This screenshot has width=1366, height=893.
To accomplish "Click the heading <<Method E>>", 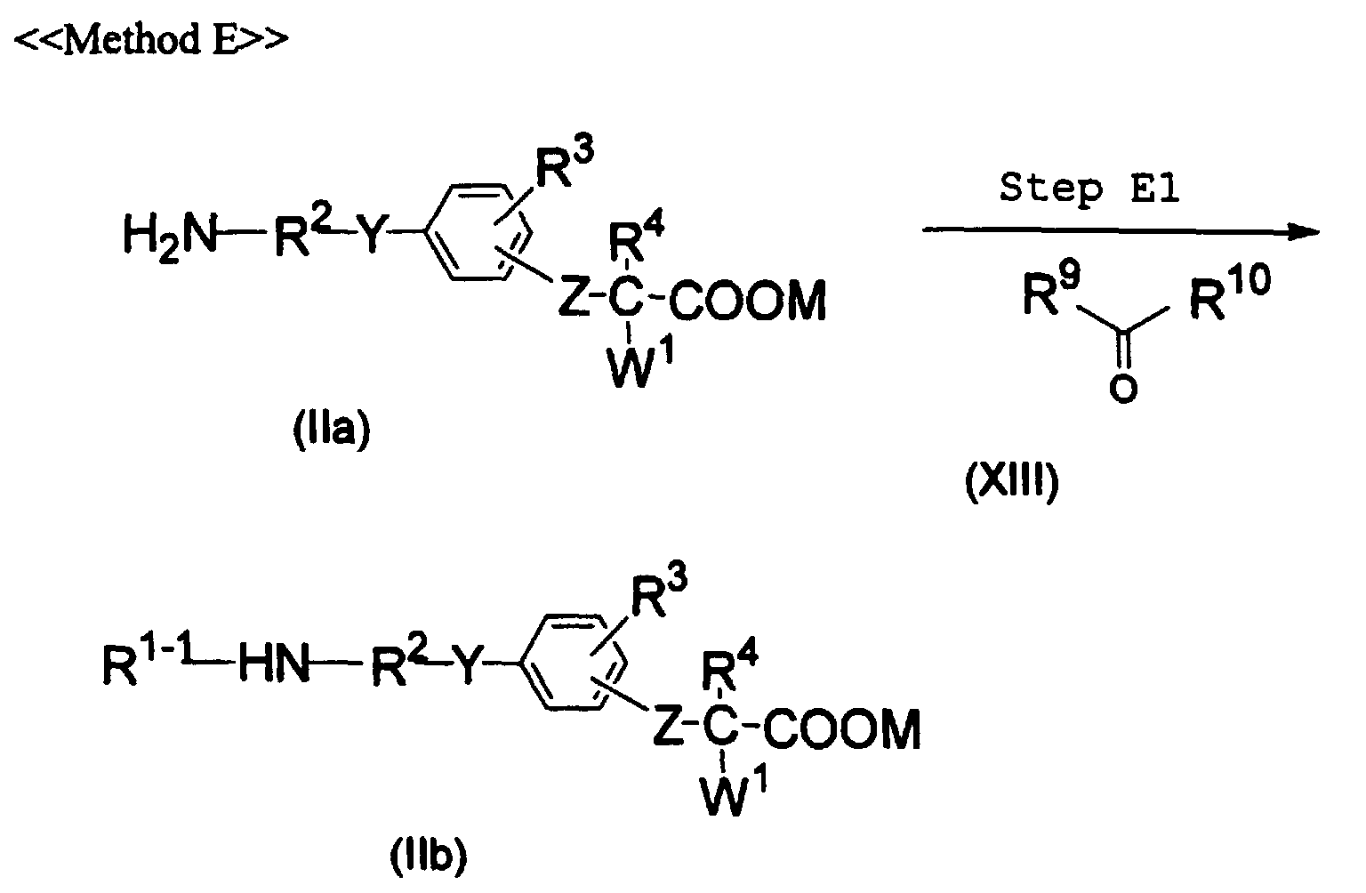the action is [x=150, y=40].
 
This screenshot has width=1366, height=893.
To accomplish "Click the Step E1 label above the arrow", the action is [x=1089, y=188].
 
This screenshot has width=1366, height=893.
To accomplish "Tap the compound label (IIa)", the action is [x=332, y=430].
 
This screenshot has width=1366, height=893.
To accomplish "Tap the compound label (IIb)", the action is [x=428, y=855].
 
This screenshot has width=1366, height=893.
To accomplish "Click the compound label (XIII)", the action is [x=1012, y=482].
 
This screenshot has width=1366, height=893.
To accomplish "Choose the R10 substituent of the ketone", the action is [x=1230, y=294].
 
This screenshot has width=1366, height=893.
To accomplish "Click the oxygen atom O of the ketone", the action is [x=1123, y=390].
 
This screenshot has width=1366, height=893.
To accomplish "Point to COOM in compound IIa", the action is [x=748, y=300].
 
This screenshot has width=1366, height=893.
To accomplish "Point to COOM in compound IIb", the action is [x=842, y=728].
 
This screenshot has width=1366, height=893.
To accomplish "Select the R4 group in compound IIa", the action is [x=636, y=237].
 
